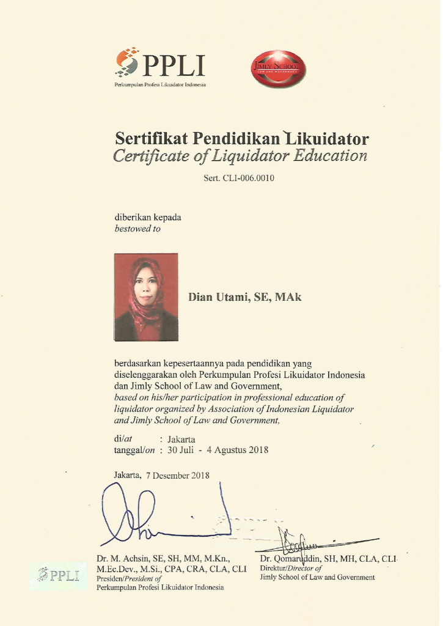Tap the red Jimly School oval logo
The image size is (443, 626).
click(279, 68)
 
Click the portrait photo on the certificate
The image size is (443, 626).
click(146, 297)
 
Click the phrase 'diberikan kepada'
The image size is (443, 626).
click(148, 217)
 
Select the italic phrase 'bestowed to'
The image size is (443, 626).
click(137, 229)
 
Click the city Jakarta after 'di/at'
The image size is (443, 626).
click(181, 439)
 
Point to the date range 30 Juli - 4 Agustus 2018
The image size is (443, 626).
click(218, 450)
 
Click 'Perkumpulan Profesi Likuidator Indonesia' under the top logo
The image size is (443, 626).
click(160, 84)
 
